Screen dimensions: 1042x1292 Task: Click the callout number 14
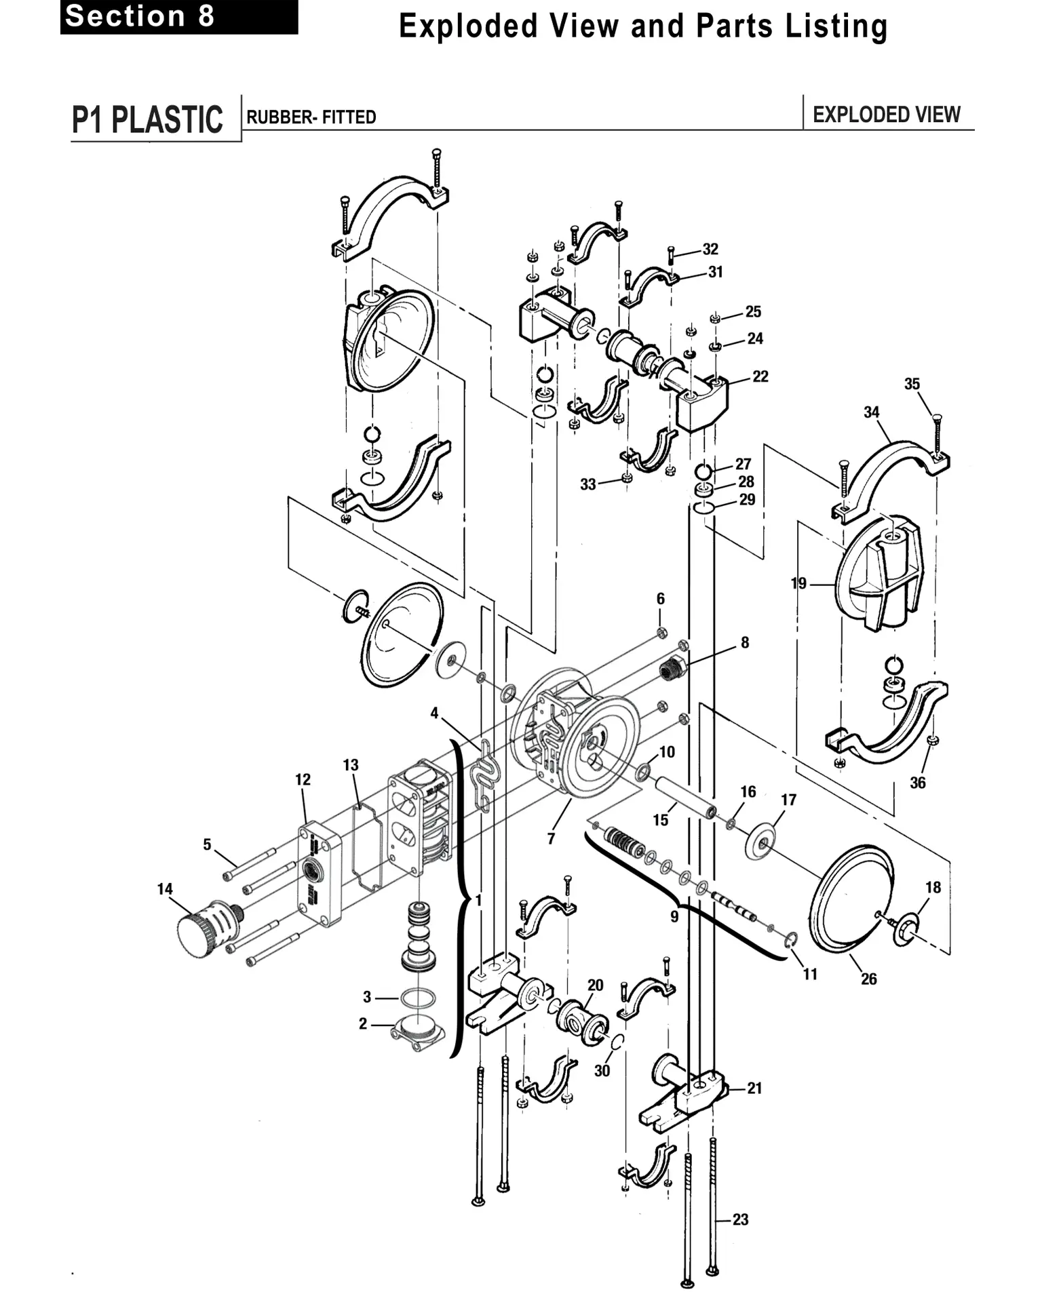click(165, 888)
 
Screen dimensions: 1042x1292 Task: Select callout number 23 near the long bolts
click(740, 1219)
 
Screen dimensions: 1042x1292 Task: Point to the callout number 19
click(798, 583)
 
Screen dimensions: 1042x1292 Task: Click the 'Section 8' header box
click(179, 16)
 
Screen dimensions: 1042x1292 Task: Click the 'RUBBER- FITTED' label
click(311, 117)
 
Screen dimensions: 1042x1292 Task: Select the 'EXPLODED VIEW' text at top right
click(887, 115)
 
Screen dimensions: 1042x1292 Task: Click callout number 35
click(912, 384)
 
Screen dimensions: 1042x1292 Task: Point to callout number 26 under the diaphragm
click(869, 979)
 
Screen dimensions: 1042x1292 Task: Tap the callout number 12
click(303, 779)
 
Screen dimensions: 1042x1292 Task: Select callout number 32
click(710, 249)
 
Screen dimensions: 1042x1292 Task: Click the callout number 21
click(755, 1088)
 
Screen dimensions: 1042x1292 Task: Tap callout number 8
click(745, 642)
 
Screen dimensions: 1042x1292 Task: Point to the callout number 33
click(588, 484)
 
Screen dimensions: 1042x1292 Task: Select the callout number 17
click(788, 800)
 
